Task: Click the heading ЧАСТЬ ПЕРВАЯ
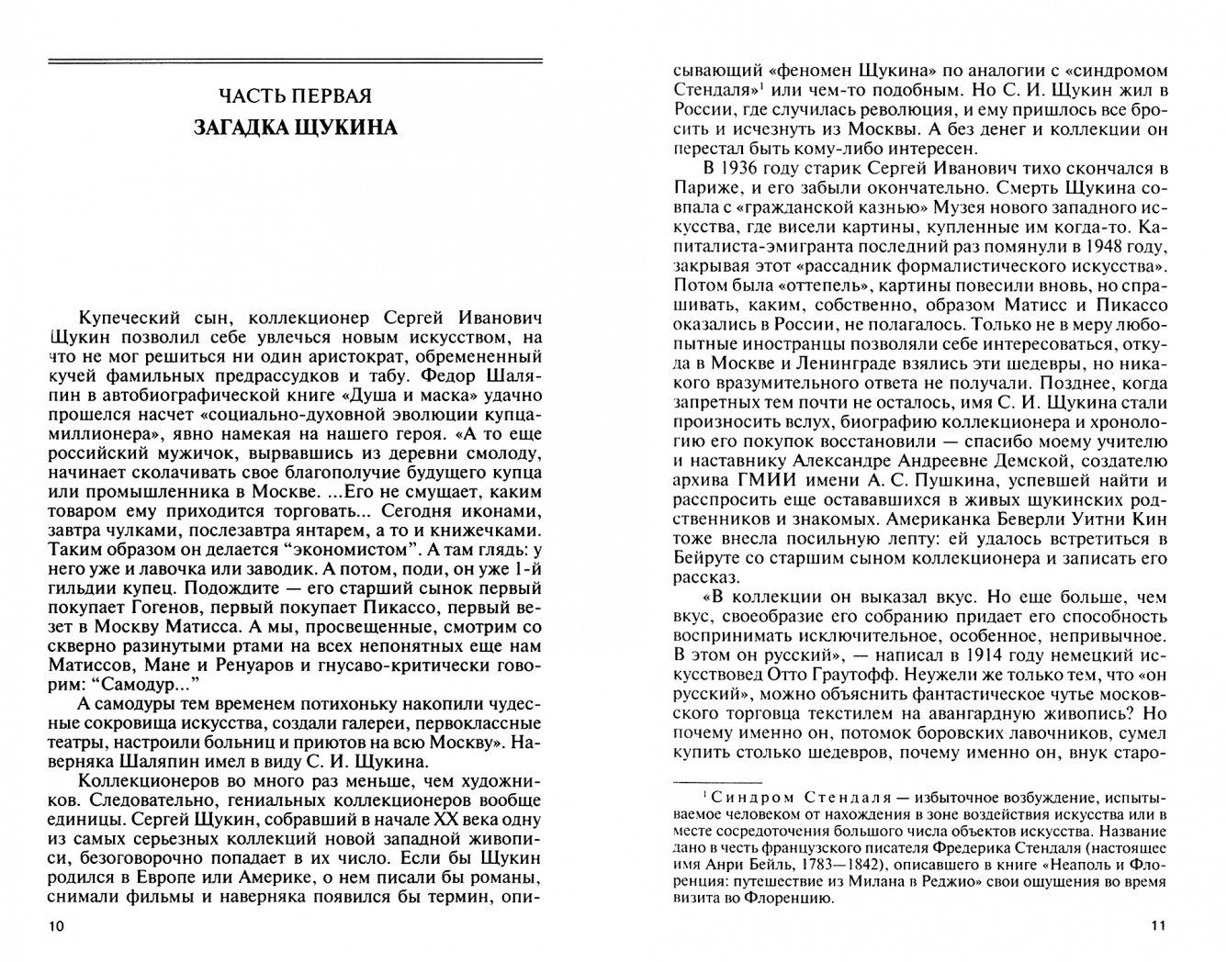296,95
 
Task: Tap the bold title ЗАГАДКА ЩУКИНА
296,128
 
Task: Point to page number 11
1157,926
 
